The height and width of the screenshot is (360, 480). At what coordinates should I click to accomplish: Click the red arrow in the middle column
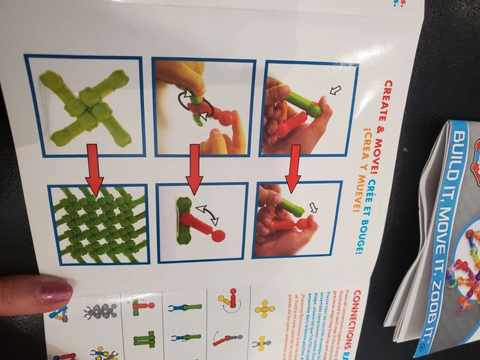coord(194,169)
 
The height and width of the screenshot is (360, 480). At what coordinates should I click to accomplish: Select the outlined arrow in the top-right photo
coord(335,89)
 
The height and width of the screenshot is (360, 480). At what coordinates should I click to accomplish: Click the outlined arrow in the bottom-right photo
coord(315,207)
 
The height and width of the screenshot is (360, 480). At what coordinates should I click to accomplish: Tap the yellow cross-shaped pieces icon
coord(265,309)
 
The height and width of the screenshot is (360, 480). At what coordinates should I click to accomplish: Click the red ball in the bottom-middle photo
coord(218,236)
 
